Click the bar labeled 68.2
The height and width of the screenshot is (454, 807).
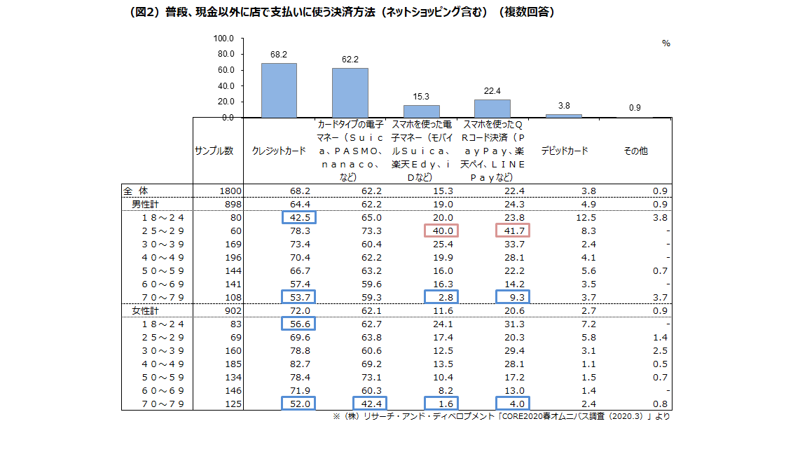pos(279,90)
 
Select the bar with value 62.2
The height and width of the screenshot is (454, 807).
pos(350,92)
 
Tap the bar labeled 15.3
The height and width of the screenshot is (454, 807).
pos(421,111)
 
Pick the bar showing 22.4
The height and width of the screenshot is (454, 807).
pos(492,109)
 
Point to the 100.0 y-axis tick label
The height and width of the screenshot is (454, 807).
pos(224,38)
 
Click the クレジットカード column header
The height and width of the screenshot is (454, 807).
pos(279,151)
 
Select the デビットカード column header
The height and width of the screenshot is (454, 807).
pos(564,151)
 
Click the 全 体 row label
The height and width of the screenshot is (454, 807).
pos(136,191)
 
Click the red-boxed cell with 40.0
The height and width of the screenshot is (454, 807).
pos(442,231)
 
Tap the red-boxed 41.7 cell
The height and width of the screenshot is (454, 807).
pos(513,231)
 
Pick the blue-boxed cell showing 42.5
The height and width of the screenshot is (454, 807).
pos(298,217)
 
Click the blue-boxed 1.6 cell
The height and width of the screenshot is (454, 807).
pos(442,403)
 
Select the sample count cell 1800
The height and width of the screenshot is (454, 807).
pos(230,191)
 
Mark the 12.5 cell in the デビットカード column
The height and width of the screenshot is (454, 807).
pos(585,217)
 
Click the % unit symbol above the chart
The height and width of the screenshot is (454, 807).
pos(665,43)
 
